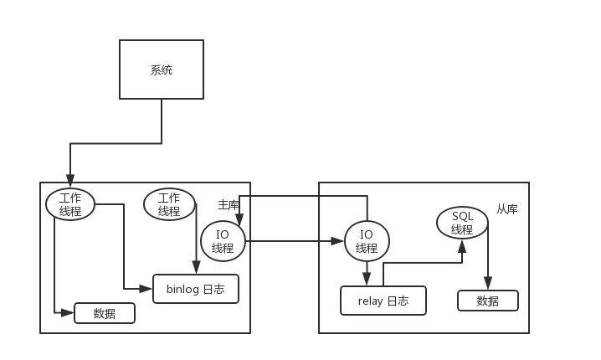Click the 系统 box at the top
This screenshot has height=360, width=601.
pos(162,70)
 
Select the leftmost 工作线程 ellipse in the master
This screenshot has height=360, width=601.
pos(70,204)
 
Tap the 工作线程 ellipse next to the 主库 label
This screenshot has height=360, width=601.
pos(169,204)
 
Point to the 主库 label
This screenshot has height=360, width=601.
pos(229,204)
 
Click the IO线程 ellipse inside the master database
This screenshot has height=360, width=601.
pos(223,241)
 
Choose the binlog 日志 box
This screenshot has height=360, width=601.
pos(196,289)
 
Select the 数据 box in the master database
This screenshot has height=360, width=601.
pos(105,313)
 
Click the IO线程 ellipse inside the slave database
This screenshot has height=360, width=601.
pos(367,241)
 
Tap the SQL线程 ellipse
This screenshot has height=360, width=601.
pos(462,223)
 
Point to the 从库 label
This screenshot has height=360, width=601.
pos(506,209)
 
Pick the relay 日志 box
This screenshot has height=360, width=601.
pos(383,301)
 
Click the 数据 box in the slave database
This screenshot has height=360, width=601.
pos(487,301)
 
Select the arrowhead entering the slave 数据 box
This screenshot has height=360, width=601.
pos(487,285)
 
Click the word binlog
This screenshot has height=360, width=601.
pos(182,289)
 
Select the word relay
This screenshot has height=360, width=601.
pos(369,301)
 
